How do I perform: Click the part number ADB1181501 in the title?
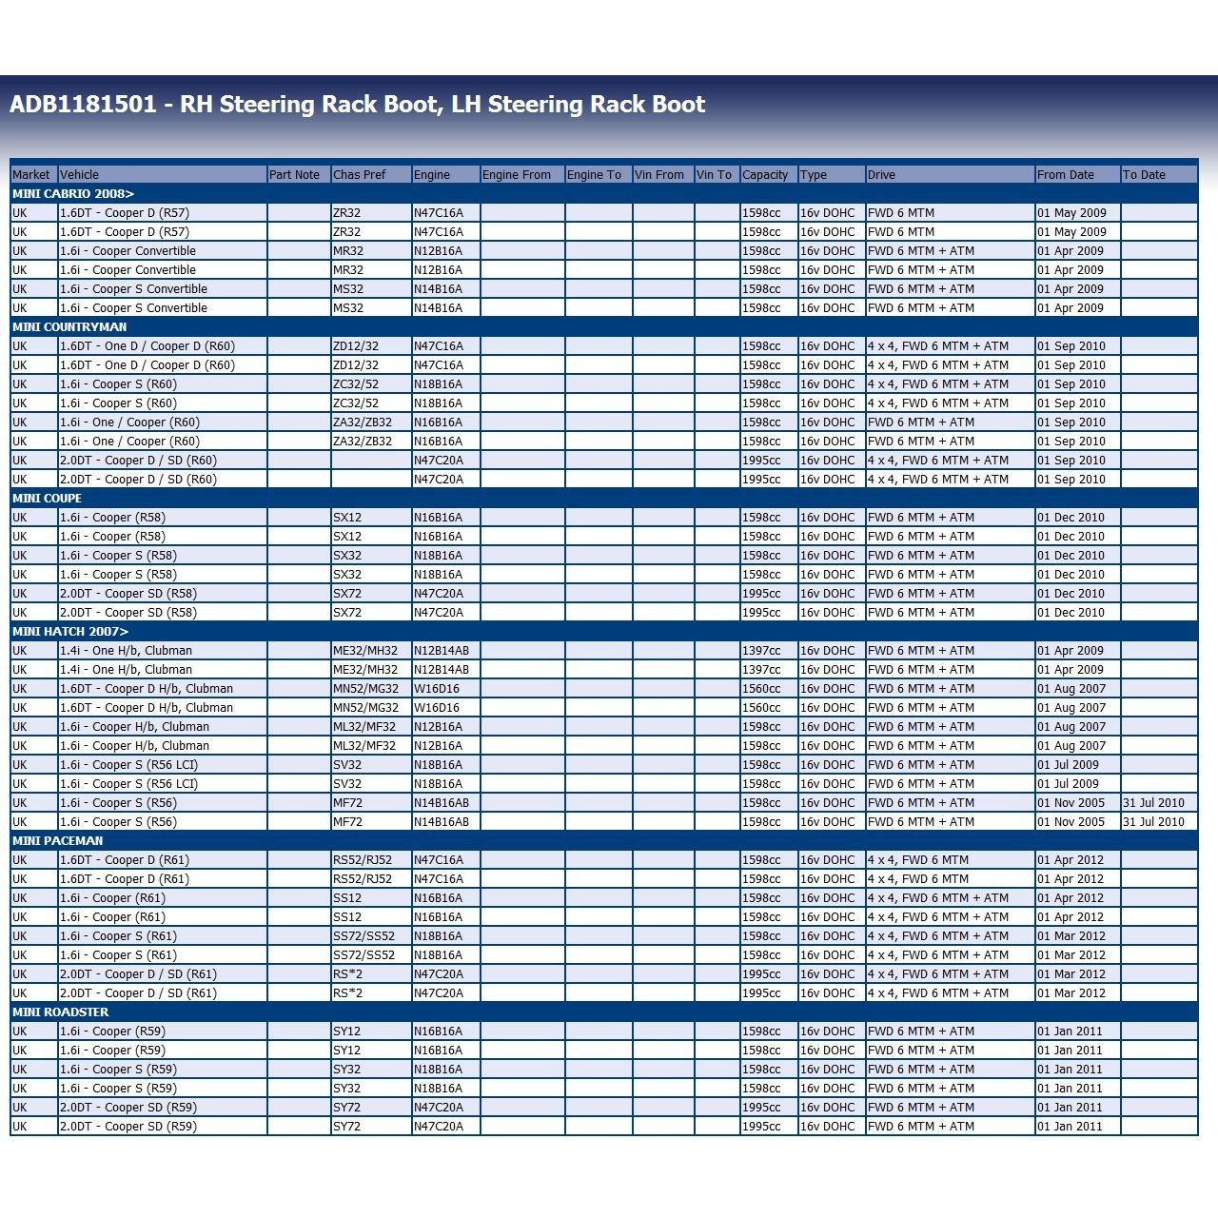[83, 105]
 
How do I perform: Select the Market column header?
[30, 175]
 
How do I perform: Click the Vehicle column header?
[80, 175]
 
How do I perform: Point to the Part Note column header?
[294, 175]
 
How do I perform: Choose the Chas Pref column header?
[360, 175]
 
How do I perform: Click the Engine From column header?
[517, 175]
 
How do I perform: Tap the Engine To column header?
[594, 175]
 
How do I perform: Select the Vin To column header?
[715, 175]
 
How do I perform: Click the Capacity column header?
[765, 175]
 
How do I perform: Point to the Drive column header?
[881, 175]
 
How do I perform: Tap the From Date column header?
[1066, 175]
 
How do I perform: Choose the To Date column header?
[1144, 175]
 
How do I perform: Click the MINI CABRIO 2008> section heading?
[73, 194]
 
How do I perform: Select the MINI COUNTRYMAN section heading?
[69, 327]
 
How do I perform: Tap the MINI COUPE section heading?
[48, 499]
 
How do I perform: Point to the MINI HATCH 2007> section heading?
[70, 632]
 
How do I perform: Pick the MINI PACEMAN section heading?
[58, 841]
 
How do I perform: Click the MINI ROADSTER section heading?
[61, 1012]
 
